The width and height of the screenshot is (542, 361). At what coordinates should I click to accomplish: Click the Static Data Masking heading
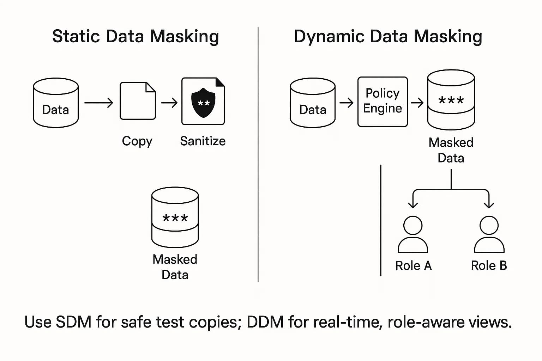[135, 37]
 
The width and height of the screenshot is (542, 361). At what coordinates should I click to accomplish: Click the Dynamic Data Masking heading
[388, 37]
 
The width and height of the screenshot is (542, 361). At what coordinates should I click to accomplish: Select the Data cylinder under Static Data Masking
[56, 103]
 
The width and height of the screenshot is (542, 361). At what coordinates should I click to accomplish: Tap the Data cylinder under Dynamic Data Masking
[313, 103]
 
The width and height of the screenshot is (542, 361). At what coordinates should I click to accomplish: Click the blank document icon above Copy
[138, 101]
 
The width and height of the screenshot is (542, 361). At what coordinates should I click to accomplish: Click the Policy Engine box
[383, 102]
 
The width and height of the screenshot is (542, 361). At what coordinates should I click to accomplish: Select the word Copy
[137, 141]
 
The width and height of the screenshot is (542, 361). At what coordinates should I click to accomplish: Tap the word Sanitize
[203, 141]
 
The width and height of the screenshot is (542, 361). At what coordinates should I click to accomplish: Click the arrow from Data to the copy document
[98, 103]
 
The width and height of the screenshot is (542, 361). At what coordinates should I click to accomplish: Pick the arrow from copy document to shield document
[169, 103]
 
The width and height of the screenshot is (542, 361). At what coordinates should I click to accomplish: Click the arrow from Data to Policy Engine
[346, 103]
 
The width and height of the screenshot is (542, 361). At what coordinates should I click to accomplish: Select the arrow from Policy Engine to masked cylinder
[417, 103]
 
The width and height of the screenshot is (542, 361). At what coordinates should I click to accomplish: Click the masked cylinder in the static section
[175, 217]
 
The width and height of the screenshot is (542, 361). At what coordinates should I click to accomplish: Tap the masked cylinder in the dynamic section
[451, 100]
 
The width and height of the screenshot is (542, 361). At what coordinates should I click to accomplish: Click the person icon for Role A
[413, 234]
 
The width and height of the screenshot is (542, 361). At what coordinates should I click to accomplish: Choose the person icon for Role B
[489, 234]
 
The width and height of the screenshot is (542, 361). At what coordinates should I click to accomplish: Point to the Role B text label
[489, 265]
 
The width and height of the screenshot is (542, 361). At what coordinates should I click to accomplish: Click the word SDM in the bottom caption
[73, 322]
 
